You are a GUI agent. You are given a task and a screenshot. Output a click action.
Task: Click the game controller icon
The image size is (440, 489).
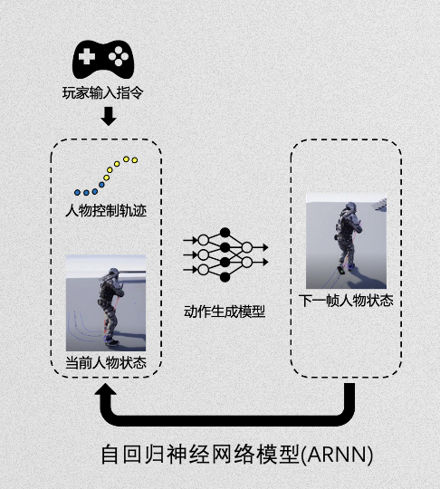(x=103, y=59)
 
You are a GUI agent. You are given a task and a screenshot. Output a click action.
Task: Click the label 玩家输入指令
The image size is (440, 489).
(x=103, y=92)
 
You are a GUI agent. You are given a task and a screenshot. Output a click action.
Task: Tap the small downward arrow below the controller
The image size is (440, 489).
(x=109, y=116)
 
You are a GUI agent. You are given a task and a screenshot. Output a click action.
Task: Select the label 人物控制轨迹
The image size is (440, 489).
(x=106, y=211)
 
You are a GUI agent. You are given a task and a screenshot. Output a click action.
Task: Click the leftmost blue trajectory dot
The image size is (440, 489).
(x=77, y=192)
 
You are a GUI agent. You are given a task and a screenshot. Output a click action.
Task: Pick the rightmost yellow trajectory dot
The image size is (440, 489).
(x=135, y=160)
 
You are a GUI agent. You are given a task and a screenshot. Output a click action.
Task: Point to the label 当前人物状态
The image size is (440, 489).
(x=106, y=363)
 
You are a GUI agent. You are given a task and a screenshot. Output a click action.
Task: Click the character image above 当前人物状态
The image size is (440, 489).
(x=106, y=302)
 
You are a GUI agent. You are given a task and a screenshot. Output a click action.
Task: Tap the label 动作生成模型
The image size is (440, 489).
(x=225, y=312)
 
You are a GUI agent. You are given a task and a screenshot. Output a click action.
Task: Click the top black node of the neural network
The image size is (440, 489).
(x=225, y=233)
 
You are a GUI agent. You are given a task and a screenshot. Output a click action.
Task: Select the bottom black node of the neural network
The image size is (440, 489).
(x=225, y=277)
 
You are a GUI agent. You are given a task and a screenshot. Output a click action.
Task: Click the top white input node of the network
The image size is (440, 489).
(x=204, y=240)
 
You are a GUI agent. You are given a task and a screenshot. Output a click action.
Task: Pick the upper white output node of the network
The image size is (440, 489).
(x=246, y=247)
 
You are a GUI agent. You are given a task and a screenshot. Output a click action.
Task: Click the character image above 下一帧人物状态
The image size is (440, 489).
(x=346, y=241)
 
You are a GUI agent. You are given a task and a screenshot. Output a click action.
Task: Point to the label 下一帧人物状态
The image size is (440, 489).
(x=346, y=301)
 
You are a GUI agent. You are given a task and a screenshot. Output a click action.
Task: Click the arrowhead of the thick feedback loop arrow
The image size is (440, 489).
(x=105, y=390)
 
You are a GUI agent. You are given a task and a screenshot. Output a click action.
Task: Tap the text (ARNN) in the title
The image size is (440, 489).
(x=337, y=455)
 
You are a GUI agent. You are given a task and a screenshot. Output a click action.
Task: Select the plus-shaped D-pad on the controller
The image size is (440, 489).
(x=87, y=56)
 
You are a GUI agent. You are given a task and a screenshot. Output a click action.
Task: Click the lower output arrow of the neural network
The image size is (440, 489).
(x=260, y=262)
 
